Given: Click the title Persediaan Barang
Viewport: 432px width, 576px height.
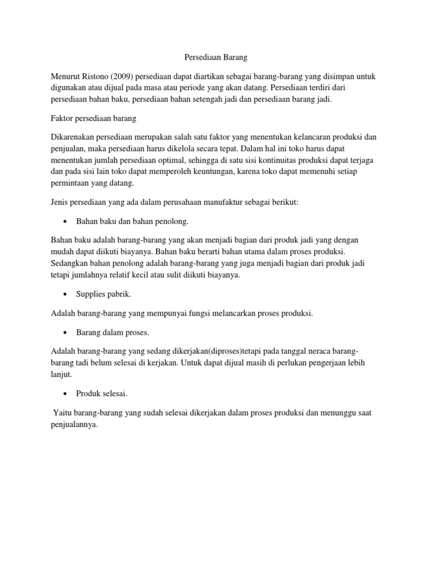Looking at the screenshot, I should (215, 57).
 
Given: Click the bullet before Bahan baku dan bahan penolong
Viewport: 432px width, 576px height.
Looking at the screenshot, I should (66, 222).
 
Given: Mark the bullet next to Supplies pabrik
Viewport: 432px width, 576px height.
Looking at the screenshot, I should (66, 294).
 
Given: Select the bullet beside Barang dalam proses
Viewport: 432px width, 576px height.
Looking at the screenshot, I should (66, 332).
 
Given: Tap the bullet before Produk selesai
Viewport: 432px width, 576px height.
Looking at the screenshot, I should (66, 394).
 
